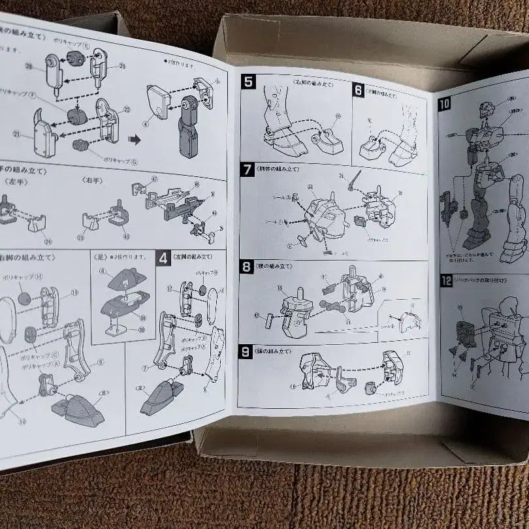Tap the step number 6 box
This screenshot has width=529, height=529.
pyautogui.click(x=358, y=90)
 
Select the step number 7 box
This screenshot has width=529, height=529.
pyautogui.click(x=247, y=170)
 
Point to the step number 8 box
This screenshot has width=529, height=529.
pyautogui.click(x=246, y=266)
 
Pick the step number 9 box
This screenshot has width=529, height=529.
pyautogui.click(x=246, y=352)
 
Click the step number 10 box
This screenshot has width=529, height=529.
pyautogui.click(x=445, y=103)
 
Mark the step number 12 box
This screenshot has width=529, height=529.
pyautogui.click(x=446, y=281)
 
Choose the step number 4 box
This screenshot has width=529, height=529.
pyautogui.click(x=163, y=257)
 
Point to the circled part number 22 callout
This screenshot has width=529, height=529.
pyautogui.click(x=126, y=110)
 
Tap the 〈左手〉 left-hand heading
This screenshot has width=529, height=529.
pyautogui.click(x=13, y=181)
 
